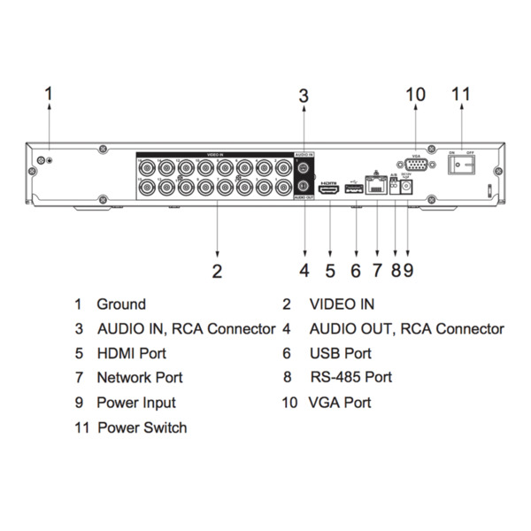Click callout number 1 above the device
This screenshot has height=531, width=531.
pyautogui.click(x=50, y=93)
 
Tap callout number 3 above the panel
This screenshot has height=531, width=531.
pyautogui.click(x=303, y=95)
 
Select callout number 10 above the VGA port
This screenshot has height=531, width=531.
pyautogui.click(x=415, y=95)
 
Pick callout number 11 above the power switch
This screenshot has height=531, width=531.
pyautogui.click(x=461, y=93)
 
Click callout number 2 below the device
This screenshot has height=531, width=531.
pyautogui.click(x=217, y=270)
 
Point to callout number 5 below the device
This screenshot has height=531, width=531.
pyautogui.click(x=329, y=270)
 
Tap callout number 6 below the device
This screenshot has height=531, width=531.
pyautogui.click(x=355, y=270)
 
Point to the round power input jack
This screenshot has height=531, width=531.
pyautogui.click(x=407, y=188)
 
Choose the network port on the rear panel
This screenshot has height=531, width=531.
pyautogui.click(x=376, y=187)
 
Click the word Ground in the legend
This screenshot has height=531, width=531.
pyautogui.click(x=121, y=304)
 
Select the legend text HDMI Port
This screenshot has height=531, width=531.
pyautogui.click(x=132, y=353)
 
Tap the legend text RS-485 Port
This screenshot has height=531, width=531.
pyautogui.click(x=350, y=377)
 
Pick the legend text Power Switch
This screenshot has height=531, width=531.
pyautogui.click(x=142, y=427)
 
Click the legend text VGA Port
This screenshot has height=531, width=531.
pyautogui.click(x=339, y=403)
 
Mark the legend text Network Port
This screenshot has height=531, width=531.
pyautogui.click(x=140, y=377)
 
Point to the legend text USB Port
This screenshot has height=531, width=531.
pyautogui.click(x=340, y=353)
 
